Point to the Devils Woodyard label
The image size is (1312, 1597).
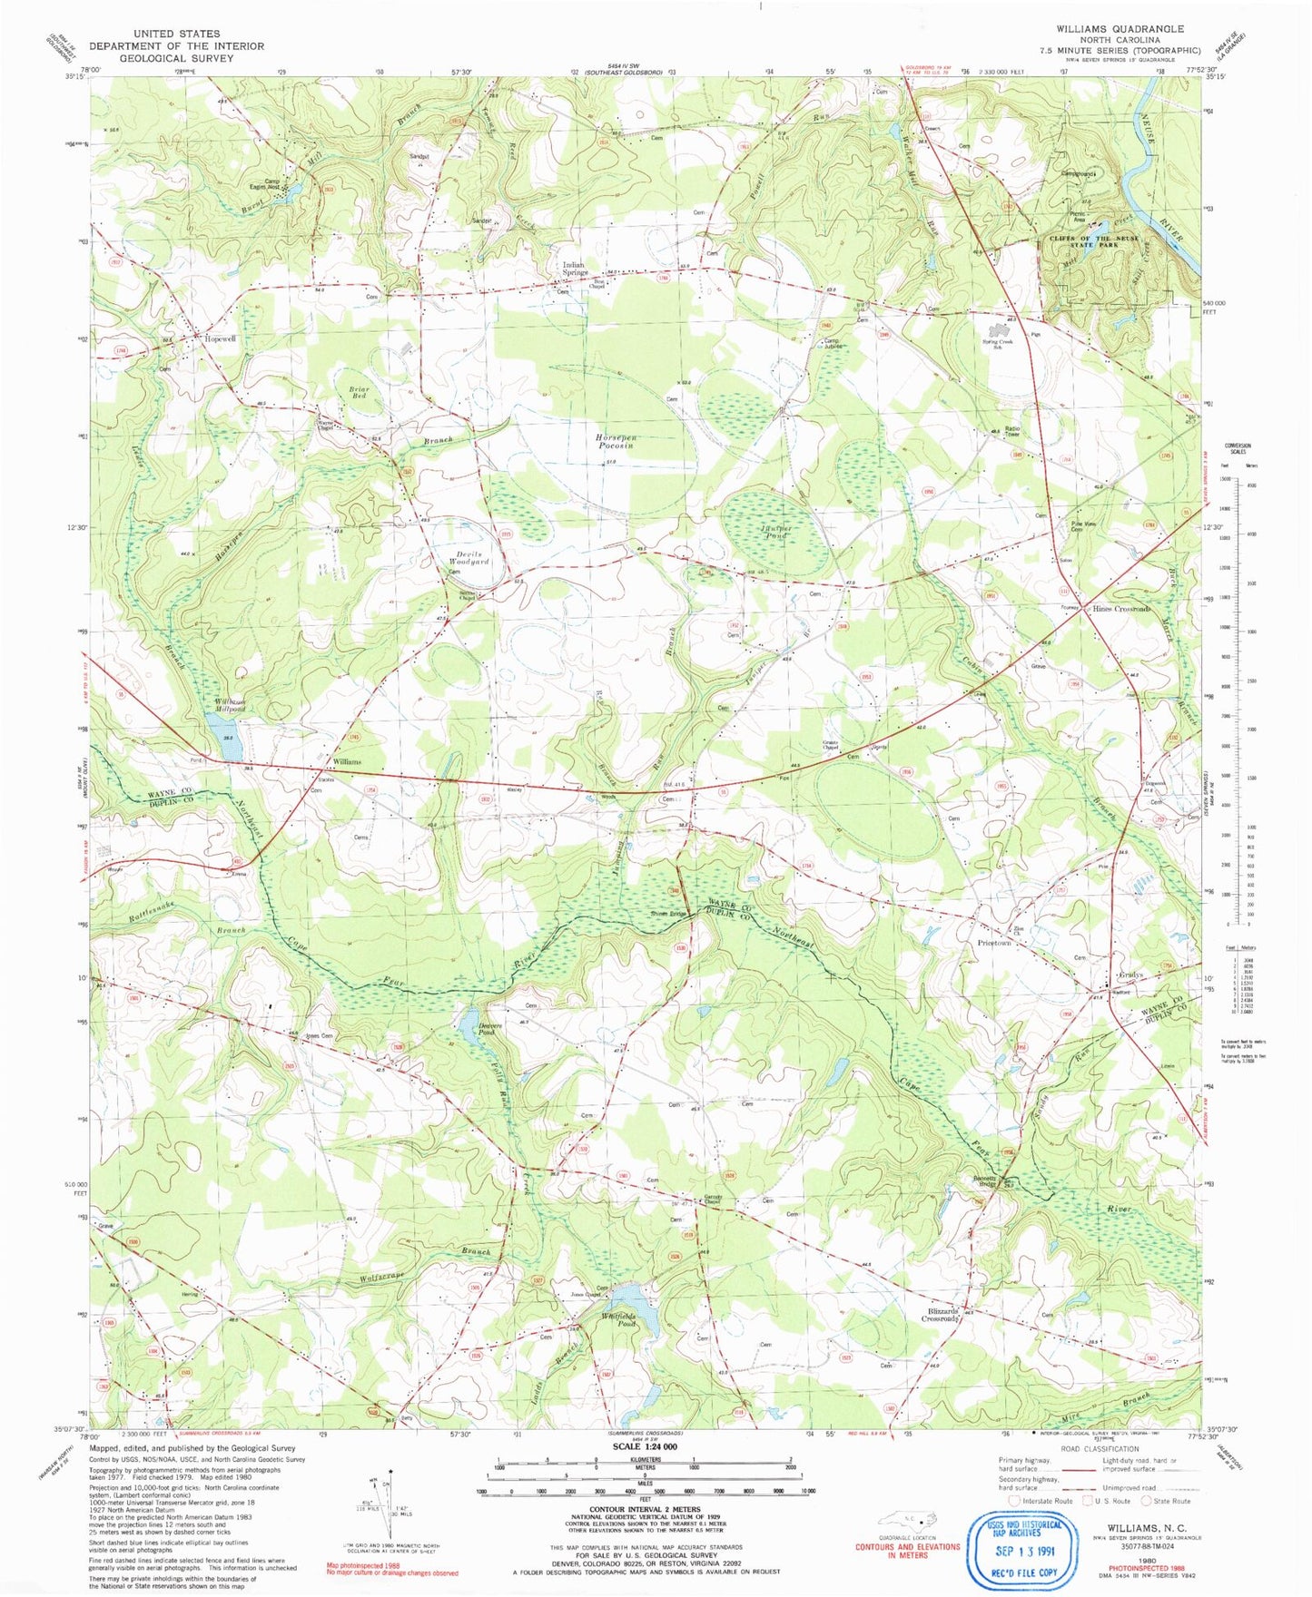pyautogui.click(x=469, y=558)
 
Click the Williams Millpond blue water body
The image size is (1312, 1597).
pyautogui.click(x=222, y=725)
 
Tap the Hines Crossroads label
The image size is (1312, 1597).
pyautogui.click(x=1121, y=609)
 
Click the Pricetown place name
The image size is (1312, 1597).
pyautogui.click(x=994, y=944)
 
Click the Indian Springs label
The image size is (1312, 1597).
pyautogui.click(x=575, y=269)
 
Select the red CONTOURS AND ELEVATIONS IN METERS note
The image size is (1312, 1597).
pyautogui.click(x=907, y=1551)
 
